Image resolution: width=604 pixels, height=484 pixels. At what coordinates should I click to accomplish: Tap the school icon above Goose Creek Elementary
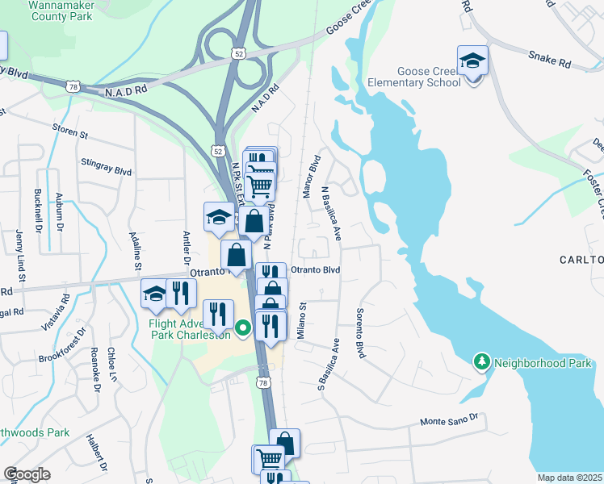pos(472,60)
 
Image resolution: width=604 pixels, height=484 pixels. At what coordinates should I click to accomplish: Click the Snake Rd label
pos(550,56)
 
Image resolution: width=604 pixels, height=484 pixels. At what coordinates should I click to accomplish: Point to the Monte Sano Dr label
pos(449,420)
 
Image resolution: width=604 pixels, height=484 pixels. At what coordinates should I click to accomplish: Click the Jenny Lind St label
pos(19,255)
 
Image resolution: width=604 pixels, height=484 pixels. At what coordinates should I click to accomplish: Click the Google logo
pos(27,474)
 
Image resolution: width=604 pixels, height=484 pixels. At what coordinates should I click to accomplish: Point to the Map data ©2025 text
pos(568,478)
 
